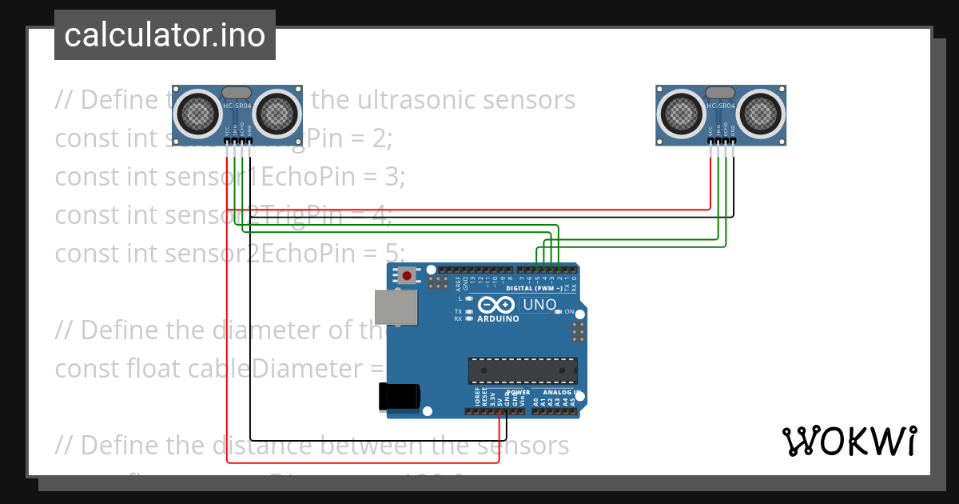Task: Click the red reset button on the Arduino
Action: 407,276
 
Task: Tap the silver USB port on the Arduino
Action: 396,307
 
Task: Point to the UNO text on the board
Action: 539,305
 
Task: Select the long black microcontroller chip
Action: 523,370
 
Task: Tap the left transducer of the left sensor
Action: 197,113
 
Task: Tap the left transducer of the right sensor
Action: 681,113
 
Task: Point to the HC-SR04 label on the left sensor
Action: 237,106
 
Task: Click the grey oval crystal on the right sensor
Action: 720,93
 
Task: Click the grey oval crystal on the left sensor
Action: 237,93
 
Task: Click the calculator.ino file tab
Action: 165,35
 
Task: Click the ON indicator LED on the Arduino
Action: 559,311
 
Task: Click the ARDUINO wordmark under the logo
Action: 498,318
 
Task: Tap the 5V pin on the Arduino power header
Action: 499,411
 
